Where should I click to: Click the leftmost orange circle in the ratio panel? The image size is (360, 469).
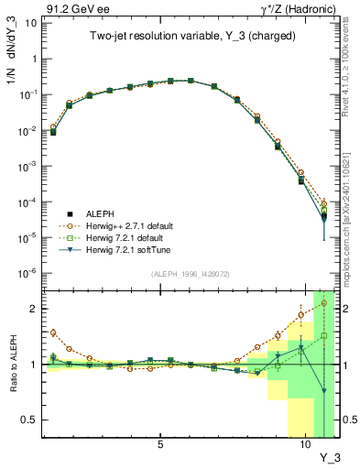point(54,333)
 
